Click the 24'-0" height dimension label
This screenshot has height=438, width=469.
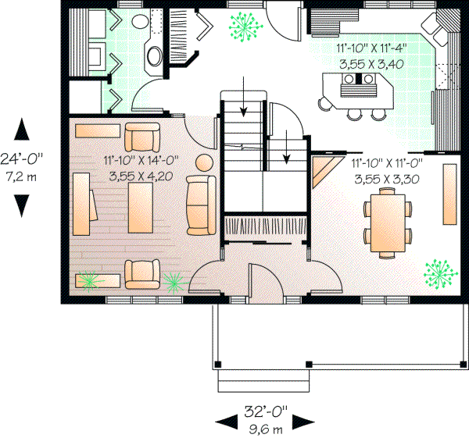[x=21, y=158]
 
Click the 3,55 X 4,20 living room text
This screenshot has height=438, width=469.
[x=134, y=175]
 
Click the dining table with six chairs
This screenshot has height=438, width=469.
[x=388, y=223]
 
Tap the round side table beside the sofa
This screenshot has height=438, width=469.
[x=205, y=164]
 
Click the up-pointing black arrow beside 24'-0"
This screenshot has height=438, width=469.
[x=21, y=128]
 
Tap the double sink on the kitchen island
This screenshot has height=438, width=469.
[x=357, y=79]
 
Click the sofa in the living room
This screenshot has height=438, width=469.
[x=201, y=205]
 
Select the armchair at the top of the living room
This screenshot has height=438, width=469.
[x=141, y=139]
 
